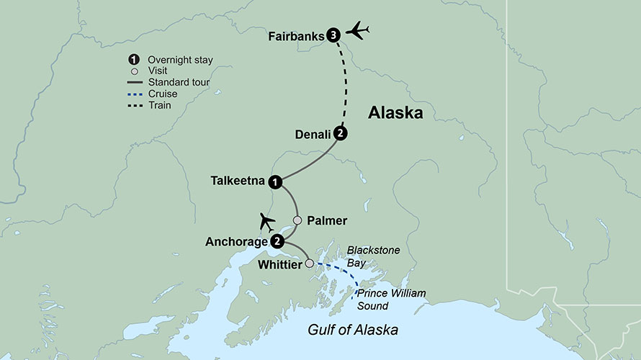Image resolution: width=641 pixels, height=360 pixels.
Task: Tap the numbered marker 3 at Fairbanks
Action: [332, 34]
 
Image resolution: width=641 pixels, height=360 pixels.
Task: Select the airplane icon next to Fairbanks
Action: [357, 31]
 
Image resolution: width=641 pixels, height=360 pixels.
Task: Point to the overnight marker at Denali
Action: [342, 134]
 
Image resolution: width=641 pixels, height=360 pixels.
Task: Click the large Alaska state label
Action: [395, 113]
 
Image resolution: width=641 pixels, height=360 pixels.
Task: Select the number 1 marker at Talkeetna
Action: [275, 183]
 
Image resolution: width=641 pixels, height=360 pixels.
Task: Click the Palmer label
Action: [327, 220]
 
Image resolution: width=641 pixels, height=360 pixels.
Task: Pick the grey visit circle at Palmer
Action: [297, 220]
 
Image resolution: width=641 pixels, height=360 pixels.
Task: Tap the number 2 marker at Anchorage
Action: [277, 242]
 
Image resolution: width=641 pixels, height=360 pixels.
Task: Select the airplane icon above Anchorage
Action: [266, 220]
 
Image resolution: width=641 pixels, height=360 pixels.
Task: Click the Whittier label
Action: [279, 265]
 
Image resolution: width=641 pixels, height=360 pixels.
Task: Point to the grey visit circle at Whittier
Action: [310, 264]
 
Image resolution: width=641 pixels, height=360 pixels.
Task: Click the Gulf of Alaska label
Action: [353, 329]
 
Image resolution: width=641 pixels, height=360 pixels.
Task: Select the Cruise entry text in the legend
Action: [162, 94]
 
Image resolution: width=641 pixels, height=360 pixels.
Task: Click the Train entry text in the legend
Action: [159, 105]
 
